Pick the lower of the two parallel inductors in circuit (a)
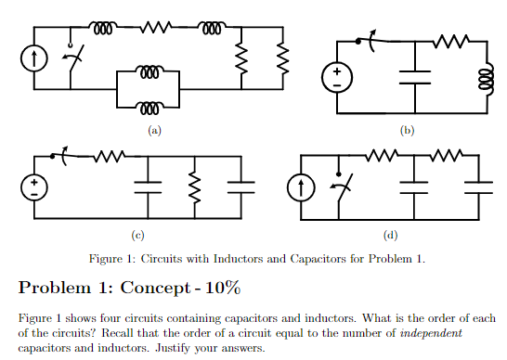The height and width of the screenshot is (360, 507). [149, 105]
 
